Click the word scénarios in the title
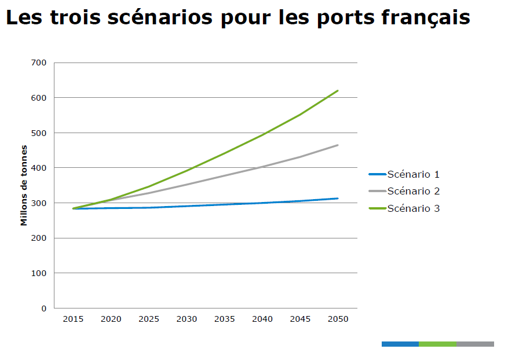(155, 18)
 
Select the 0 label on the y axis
(44, 308)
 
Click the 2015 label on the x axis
(73, 319)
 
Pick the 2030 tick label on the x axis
(187, 319)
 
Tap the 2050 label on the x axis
(338, 319)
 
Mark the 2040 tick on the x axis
(262, 319)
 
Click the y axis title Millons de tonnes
(24, 185)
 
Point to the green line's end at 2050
(338, 91)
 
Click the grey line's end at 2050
(338, 145)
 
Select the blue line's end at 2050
(338, 199)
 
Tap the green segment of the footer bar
(437, 344)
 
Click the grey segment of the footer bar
(475, 344)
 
